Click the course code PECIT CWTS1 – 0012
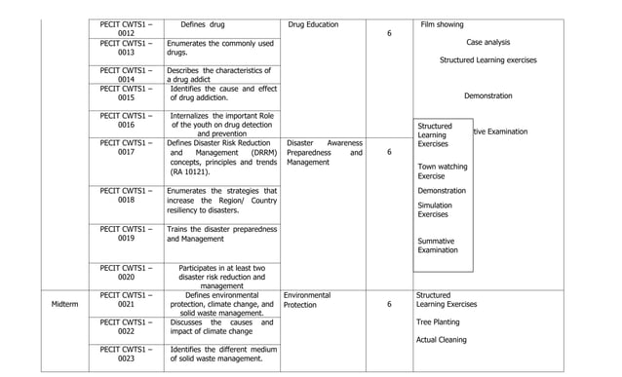click(x=127, y=29)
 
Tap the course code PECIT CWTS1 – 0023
click(x=127, y=354)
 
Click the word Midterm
click(x=66, y=305)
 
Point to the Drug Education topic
click(x=314, y=24)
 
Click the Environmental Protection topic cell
click(x=308, y=300)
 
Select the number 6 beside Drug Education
click(x=389, y=34)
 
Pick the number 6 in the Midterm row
click(x=389, y=305)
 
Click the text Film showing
click(x=442, y=24)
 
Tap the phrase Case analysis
click(x=487, y=42)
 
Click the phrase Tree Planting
click(x=438, y=321)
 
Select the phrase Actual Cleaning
click(x=441, y=340)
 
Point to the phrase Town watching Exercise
click(x=442, y=171)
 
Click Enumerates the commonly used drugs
click(x=220, y=48)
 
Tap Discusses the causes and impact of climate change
click(x=220, y=327)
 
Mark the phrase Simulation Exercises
click(x=435, y=209)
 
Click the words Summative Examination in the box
click(x=438, y=245)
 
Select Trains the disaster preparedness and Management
click(x=221, y=234)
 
